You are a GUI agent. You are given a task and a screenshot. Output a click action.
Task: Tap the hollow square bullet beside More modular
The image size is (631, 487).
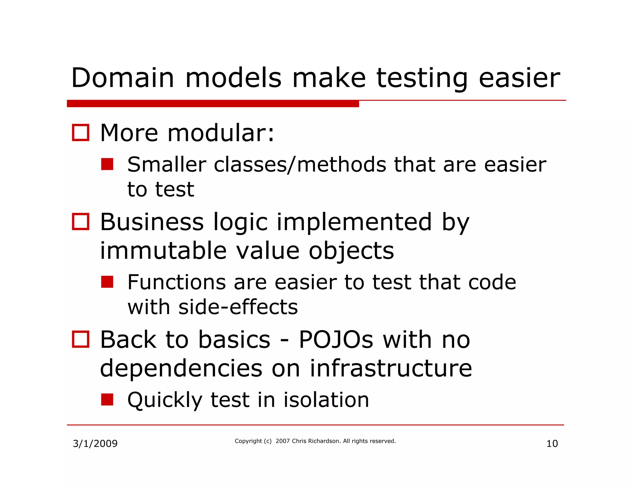coord(81,133)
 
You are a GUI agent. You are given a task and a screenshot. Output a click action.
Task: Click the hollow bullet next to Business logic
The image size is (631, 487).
coord(81,222)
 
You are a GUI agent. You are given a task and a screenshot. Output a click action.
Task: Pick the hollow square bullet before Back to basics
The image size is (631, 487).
coord(81,339)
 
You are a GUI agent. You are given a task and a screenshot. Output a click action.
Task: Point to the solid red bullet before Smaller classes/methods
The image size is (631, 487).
coord(107,164)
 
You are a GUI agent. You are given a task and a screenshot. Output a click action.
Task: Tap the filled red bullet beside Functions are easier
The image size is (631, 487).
coord(107,282)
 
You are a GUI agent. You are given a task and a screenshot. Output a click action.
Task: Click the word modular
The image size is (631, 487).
coord(221,133)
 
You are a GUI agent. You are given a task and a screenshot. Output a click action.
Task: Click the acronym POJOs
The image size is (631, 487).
coord(336,340)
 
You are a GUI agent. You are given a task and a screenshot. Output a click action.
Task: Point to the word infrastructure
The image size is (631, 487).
coord(391,368)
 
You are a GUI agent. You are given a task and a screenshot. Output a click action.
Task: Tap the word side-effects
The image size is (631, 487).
coord(238,307)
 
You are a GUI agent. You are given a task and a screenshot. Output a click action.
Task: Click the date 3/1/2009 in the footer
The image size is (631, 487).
coord(95,444)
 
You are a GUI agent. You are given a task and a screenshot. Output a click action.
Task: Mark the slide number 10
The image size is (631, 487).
coord(552,444)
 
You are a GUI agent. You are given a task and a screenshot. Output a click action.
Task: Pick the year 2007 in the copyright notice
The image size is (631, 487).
coord(283,441)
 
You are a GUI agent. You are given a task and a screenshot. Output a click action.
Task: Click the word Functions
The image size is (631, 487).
coord(177,282)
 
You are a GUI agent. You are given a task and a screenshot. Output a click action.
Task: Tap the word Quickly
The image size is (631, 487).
coord(165,400)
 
